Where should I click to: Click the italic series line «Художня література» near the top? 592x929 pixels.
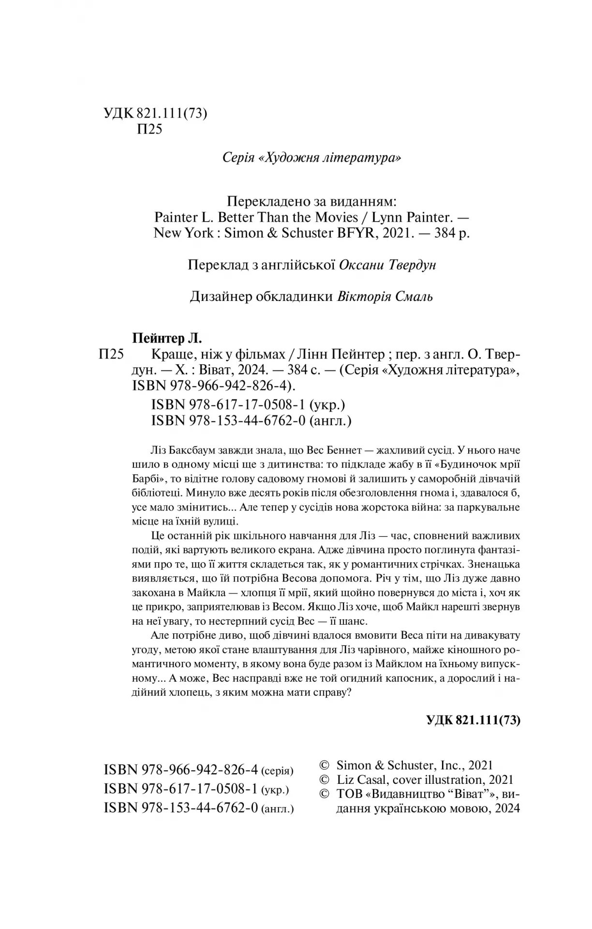[x=311, y=158]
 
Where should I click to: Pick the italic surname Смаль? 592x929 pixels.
[x=413, y=297]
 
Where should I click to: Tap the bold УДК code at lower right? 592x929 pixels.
[x=473, y=720]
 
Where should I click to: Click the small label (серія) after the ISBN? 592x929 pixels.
[x=277, y=771]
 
